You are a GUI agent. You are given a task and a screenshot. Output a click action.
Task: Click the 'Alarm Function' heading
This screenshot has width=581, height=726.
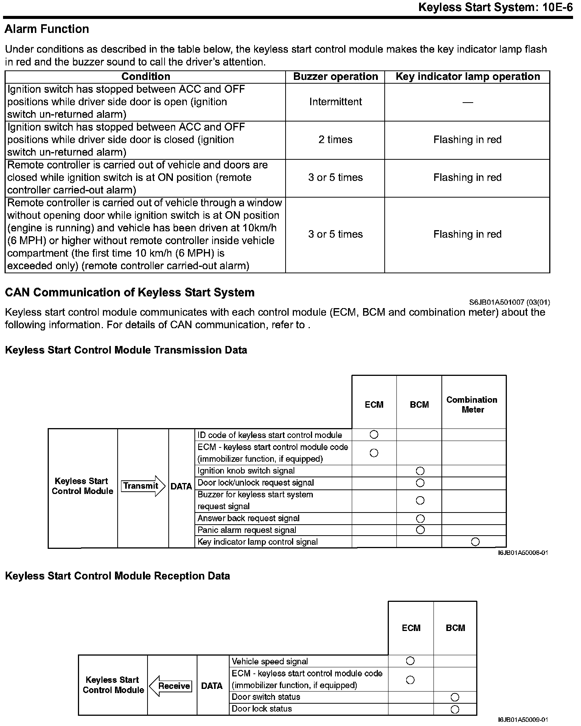pos(47,29)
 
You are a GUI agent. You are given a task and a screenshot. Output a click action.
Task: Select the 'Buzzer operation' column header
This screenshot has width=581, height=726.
pos(336,76)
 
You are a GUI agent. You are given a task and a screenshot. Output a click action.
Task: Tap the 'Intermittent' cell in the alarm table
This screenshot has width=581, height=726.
pos(336,102)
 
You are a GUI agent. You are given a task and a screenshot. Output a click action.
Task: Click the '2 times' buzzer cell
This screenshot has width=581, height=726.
pos(336,140)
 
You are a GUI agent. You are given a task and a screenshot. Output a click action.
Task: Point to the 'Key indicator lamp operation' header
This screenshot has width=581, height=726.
pos(468,76)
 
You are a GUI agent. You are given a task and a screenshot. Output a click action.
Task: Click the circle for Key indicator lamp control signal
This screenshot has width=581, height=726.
pos(475,542)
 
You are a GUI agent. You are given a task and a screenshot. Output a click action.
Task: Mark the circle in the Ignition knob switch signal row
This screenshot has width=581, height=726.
pos(420,471)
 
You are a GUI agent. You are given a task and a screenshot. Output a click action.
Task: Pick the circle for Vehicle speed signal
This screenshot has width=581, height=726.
pos(410,661)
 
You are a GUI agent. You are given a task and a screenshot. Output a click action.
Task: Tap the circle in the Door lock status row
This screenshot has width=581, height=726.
pos(455,709)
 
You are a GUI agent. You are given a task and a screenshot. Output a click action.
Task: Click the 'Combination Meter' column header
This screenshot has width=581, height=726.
pos(472,405)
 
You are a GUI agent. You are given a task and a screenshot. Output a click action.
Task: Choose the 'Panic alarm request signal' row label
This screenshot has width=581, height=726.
pos(247,530)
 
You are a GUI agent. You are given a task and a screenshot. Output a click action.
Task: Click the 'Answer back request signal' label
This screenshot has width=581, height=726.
pos(248,518)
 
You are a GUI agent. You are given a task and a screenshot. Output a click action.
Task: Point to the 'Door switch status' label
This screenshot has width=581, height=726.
pos(266,697)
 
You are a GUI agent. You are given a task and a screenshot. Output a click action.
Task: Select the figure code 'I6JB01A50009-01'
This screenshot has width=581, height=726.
pos(523,720)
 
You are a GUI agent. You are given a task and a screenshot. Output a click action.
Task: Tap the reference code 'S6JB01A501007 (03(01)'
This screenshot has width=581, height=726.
pos(510,302)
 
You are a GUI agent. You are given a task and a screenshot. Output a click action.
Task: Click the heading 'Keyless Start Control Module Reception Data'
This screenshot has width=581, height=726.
pos(117,576)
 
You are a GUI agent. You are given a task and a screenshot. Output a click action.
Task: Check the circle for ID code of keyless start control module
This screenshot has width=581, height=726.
pos(374,435)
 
